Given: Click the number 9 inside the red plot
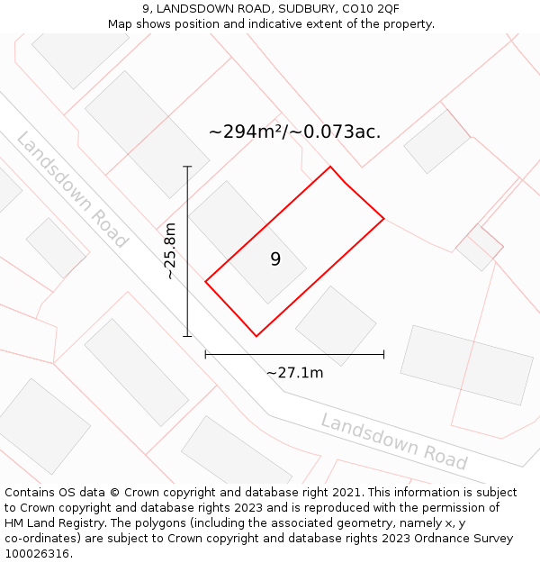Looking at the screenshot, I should pyautogui.click(x=275, y=259).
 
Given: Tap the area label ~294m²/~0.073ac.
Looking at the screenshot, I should pyautogui.click(x=294, y=132).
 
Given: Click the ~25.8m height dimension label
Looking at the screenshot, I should pyautogui.click(x=170, y=251).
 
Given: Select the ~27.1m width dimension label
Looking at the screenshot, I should pyautogui.click(x=294, y=372).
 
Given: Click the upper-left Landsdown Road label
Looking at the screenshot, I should pyautogui.click(x=72, y=190).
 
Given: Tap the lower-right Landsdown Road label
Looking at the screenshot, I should pyautogui.click(x=394, y=441).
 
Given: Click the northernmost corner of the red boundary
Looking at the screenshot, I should pyautogui.click(x=330, y=167).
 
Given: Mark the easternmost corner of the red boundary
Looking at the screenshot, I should pyautogui.click(x=384, y=218).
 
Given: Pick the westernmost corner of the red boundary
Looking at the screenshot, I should pyautogui.click(x=206, y=282).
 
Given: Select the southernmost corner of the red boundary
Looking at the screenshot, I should pyautogui.click(x=256, y=336).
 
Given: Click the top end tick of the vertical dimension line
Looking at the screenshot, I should pyautogui.click(x=187, y=167).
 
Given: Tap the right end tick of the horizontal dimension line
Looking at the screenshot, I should pyautogui.click(x=384, y=354).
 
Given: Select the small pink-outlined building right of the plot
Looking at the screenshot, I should pyautogui.click(x=479, y=247).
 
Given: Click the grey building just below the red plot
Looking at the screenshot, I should pyautogui.click(x=336, y=325).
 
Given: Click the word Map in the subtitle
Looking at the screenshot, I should pyautogui.click(x=122, y=23).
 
